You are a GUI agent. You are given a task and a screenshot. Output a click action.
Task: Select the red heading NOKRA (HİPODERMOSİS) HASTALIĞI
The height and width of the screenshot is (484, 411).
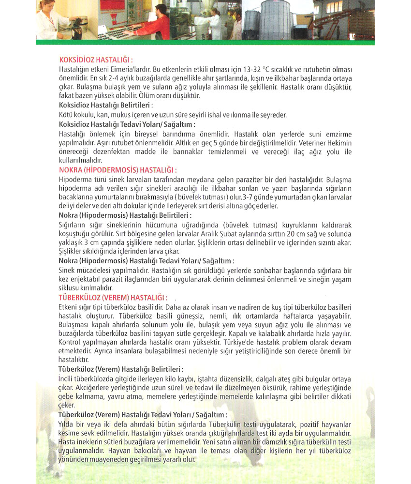[x=117, y=170]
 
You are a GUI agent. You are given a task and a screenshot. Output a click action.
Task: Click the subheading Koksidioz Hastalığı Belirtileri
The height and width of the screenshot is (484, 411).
[x=105, y=105]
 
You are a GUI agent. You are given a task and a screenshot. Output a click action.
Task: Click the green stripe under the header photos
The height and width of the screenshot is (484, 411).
[x=205, y=42]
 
